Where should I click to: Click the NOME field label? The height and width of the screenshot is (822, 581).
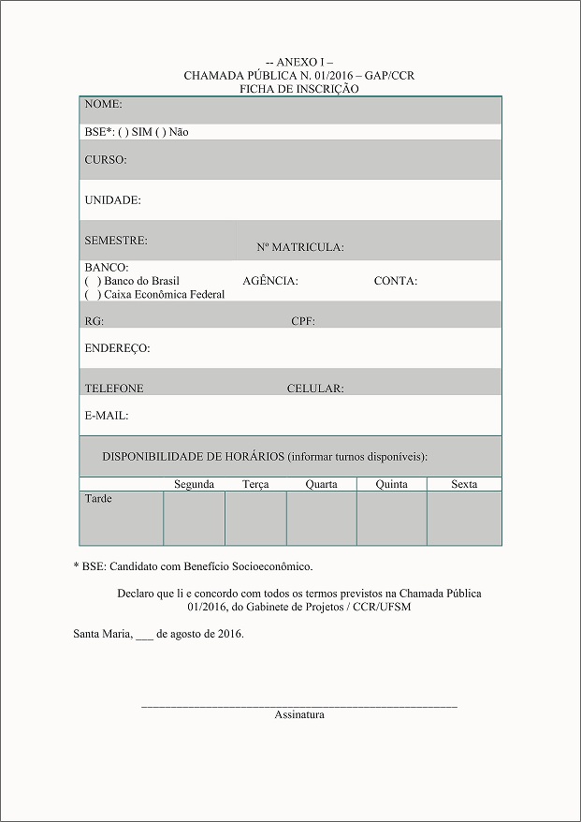[104, 105]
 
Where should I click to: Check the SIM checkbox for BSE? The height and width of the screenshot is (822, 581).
[124, 133]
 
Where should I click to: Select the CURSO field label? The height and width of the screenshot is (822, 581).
[106, 160]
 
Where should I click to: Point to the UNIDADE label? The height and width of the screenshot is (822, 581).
[113, 200]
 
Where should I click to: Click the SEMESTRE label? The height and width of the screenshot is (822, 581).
[116, 241]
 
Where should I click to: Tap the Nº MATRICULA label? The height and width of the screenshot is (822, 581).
[300, 248]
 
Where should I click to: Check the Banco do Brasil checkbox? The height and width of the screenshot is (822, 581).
[93, 281]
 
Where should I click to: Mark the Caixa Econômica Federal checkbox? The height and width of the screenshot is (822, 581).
[93, 295]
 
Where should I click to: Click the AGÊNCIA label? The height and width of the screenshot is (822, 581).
[270, 281]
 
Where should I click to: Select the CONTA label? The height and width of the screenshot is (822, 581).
[396, 281]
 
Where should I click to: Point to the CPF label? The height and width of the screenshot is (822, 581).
[303, 321]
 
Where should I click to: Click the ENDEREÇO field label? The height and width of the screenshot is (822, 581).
[117, 348]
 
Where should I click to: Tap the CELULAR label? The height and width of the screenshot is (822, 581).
[315, 389]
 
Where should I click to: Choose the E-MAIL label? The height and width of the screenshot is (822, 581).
[107, 416]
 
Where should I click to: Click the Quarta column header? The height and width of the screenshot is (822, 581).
[322, 484]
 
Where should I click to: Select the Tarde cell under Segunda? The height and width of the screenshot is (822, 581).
[194, 518]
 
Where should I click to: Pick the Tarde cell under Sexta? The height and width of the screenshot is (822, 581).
[464, 518]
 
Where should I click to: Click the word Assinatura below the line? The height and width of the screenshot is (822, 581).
[299, 715]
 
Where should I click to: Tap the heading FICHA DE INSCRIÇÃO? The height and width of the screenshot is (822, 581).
[299, 89]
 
